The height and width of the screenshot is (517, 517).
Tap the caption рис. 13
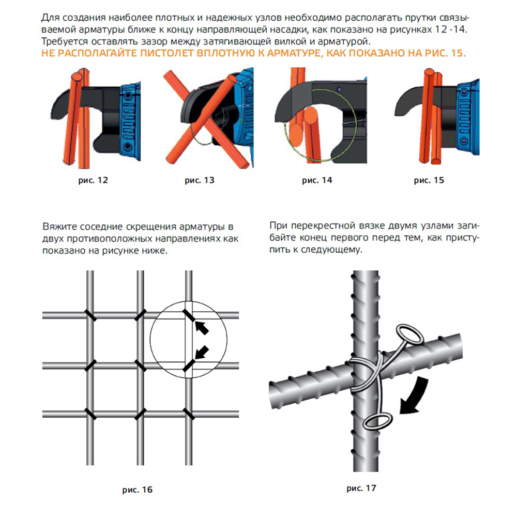pos(199,181)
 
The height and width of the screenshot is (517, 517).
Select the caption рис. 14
pos(316,181)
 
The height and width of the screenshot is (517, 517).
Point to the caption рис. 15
pos(429,181)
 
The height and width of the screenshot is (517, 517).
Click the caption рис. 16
pos(138,489)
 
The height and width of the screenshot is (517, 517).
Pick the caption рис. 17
pos(361,488)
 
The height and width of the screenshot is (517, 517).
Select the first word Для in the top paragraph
pos(50,17)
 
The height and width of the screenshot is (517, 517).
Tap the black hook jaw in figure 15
pos(406,103)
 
